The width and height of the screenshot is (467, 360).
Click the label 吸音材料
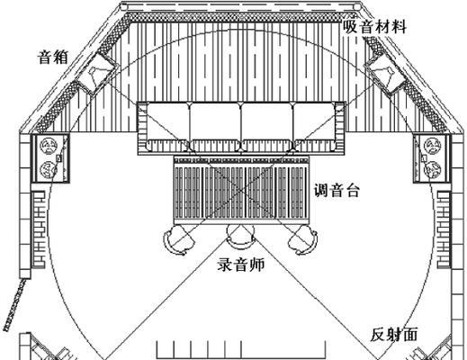tap(374, 27)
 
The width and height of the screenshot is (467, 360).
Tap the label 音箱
tap(53, 57)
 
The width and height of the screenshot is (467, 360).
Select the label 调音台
tap(337, 190)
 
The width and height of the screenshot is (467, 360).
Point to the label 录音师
tap(241, 265)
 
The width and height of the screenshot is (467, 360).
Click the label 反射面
tap(394, 335)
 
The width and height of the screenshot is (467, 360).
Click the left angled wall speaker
tap(95, 72)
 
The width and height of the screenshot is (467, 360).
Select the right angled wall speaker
tap(385, 73)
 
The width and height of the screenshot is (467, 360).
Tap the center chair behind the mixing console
tap(240, 237)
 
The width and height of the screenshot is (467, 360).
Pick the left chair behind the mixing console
tap(177, 240)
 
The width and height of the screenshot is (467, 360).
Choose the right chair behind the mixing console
tap(302, 240)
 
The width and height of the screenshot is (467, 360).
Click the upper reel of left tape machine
tap(49, 147)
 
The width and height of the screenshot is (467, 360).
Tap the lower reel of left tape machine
tap(49, 169)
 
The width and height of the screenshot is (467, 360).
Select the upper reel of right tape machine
tap(433, 147)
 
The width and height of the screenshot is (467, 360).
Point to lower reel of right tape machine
tap(433, 169)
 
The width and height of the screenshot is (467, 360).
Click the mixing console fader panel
tap(241, 190)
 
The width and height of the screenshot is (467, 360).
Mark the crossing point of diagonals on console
tap(241, 190)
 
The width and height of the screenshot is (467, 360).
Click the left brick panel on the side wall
tap(39, 229)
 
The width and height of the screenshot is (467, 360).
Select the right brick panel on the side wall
tap(444, 229)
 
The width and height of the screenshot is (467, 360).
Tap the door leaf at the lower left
tap(14, 304)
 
